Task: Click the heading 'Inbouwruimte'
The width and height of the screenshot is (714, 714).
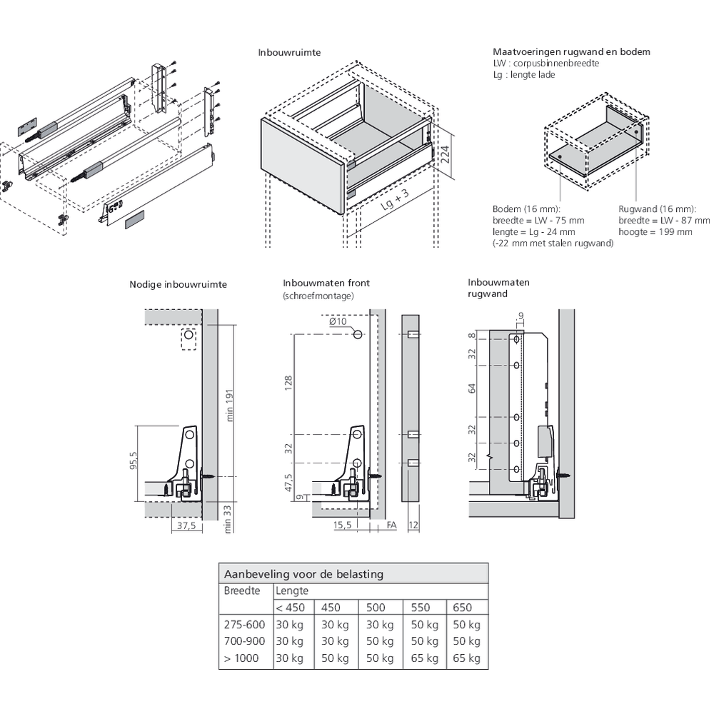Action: pos(289,53)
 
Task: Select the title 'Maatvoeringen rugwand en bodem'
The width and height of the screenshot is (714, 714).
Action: pos(571,52)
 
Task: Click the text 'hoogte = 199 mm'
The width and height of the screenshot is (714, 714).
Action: pos(655,232)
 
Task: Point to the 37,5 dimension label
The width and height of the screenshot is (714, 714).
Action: pos(185,526)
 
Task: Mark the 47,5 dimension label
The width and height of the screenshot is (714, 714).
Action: pos(288,484)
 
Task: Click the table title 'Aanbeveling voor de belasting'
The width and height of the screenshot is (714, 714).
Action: pos(304,574)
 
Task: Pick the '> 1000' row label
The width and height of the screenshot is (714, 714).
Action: pos(241,658)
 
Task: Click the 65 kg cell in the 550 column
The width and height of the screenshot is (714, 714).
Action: pos(423,658)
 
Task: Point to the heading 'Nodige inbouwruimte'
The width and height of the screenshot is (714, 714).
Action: pos(178,284)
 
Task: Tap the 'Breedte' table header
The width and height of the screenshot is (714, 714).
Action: pos(241,591)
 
